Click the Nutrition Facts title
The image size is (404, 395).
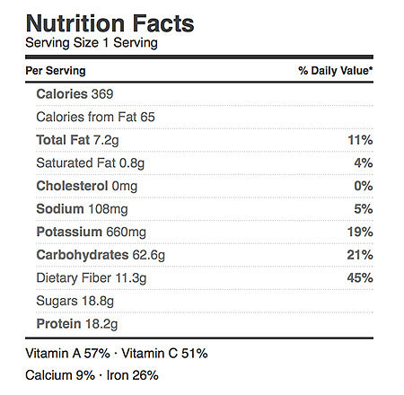[110, 23]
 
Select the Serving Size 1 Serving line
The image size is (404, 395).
[92, 43]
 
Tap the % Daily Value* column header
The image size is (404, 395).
[336, 71]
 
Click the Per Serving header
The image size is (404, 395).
[56, 71]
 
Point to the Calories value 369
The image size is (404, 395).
[102, 94]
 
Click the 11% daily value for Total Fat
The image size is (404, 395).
[360, 140]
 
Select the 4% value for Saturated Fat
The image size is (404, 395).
[364, 163]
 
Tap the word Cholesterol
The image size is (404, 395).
[72, 186]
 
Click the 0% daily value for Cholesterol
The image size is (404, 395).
[364, 186]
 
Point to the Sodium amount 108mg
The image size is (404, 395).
[108, 209]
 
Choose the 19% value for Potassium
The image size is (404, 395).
[360, 232]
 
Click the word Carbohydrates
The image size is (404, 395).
[83, 255]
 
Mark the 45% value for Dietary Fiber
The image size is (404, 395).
[360, 278]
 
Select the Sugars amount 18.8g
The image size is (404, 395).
[98, 301]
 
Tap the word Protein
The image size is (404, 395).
[58, 324]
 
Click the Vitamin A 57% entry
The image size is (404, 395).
[68, 354]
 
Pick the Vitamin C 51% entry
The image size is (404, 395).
[164, 354]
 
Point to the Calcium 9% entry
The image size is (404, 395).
[60, 375]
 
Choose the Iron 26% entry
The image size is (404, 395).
[133, 375]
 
